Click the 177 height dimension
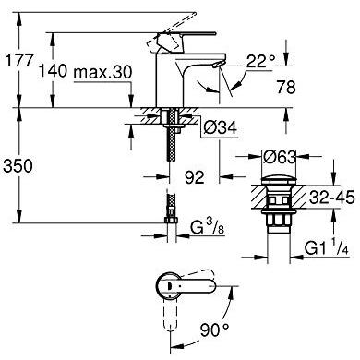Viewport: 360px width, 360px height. point(19,60)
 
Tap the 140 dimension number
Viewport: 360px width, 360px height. point(53,70)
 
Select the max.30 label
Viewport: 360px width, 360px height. point(103,73)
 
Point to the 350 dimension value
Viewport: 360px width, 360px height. point(18,166)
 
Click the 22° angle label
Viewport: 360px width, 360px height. point(260,61)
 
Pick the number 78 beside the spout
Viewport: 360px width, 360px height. point(286,87)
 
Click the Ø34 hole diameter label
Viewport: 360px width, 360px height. point(220,127)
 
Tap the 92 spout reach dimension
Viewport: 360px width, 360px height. point(194,177)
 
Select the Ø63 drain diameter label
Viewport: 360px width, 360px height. point(280,157)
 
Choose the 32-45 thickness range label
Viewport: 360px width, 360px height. point(332,198)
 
